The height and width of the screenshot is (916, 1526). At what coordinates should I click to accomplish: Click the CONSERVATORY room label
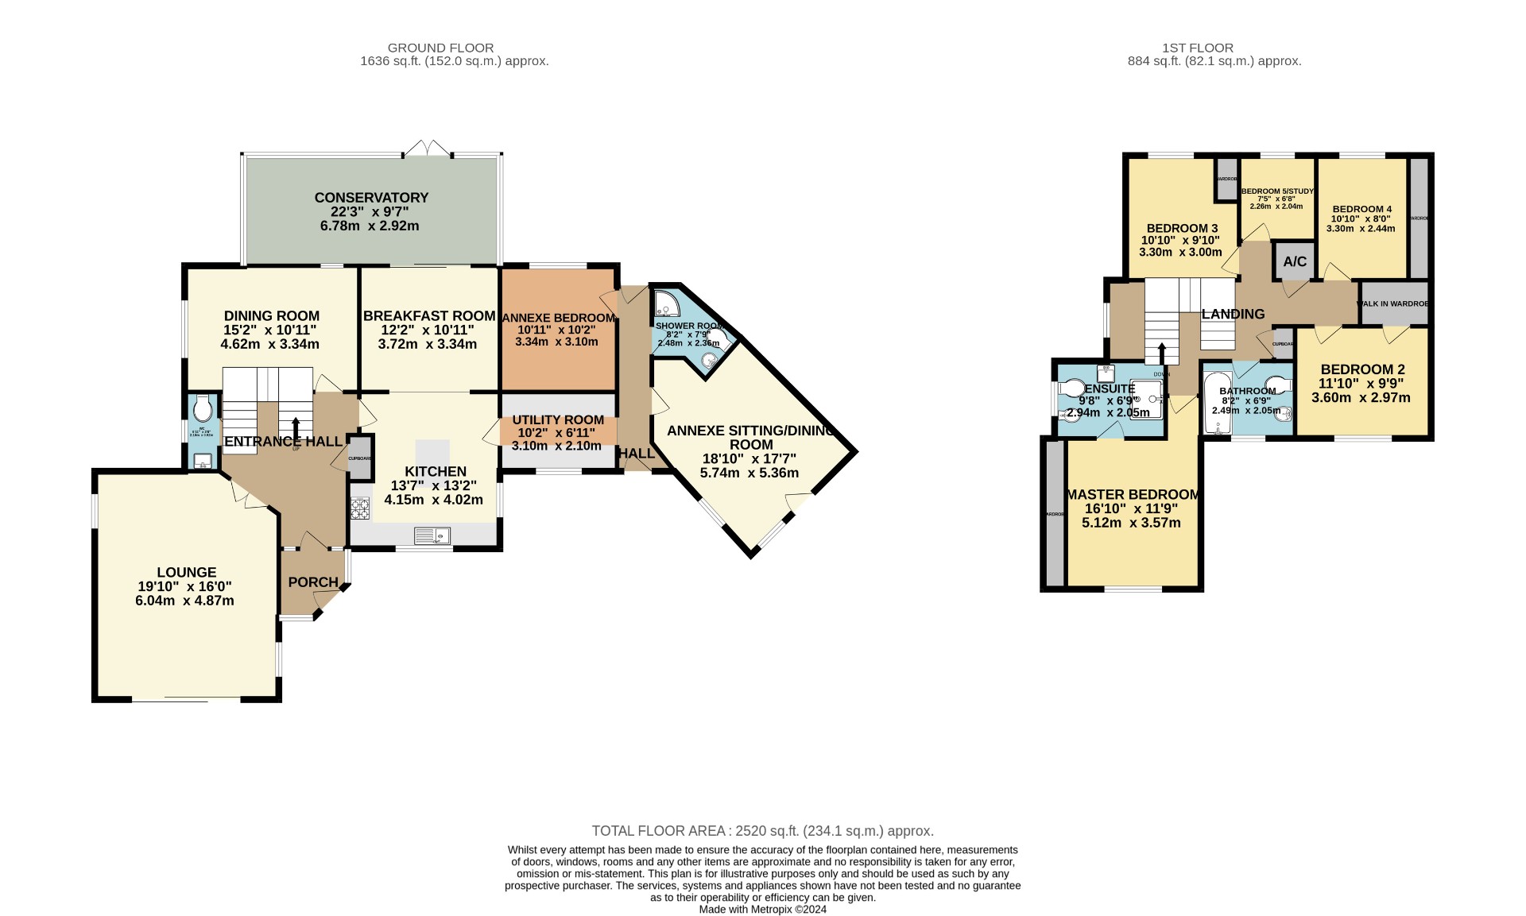click(371, 198)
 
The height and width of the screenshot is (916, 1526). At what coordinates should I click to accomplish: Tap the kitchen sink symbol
click(432, 536)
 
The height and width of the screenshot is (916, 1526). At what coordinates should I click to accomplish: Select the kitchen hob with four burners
click(360, 508)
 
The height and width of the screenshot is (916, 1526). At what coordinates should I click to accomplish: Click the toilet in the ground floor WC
click(202, 408)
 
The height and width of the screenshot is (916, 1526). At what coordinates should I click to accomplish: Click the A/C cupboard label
click(1295, 261)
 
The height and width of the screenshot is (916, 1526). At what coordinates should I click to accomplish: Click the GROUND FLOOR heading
click(440, 48)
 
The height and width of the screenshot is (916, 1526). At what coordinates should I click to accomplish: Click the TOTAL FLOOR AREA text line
click(762, 831)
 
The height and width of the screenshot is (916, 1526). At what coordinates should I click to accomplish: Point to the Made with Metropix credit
click(762, 910)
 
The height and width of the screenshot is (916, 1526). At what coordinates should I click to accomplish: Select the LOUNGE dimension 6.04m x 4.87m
click(184, 601)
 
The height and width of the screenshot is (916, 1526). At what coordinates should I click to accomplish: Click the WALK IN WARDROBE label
click(1395, 303)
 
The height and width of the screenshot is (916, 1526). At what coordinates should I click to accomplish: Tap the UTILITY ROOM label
click(558, 419)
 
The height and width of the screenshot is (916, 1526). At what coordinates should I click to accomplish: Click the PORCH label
click(313, 582)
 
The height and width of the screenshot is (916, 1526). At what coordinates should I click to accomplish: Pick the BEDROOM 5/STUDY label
click(1277, 191)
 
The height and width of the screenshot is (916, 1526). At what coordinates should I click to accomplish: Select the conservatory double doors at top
click(428, 149)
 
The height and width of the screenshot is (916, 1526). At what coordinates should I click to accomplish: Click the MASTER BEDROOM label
click(1132, 494)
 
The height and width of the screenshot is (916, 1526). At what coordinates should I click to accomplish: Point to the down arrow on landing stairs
click(1162, 354)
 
